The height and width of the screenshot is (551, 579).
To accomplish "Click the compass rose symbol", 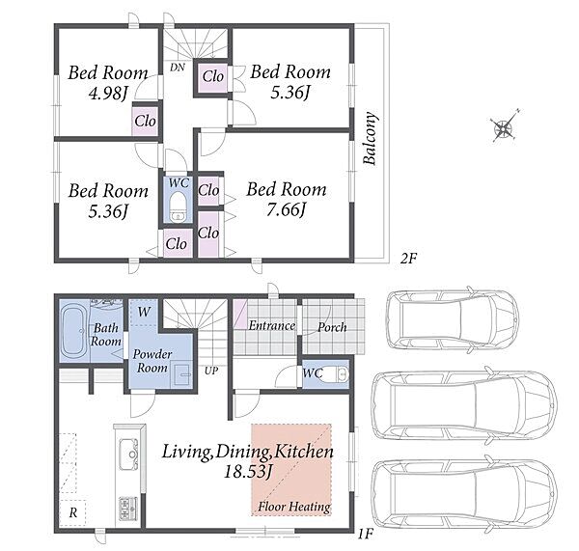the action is click(504, 126).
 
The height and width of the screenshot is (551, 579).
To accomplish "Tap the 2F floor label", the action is click(408, 259).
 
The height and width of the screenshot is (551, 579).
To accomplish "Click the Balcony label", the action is click(370, 138).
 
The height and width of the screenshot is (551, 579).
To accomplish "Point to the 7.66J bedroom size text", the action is click(287, 211).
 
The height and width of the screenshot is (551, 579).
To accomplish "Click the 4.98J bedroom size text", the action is click(108, 94).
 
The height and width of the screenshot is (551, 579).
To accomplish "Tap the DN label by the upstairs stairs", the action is click(178, 68).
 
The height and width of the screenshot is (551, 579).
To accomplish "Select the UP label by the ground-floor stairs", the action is click(211, 371).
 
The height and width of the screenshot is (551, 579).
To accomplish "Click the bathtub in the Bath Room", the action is click(74, 332).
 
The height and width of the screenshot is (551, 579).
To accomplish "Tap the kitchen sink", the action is click(128, 454).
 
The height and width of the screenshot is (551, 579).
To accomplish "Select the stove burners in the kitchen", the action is click(128, 508).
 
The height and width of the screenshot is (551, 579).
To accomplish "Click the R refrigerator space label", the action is click(73, 512).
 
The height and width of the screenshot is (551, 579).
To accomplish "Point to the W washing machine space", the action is click(145, 312).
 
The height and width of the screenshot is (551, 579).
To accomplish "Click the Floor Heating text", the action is click(294, 507).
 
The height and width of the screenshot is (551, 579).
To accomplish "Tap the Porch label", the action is click(332, 327).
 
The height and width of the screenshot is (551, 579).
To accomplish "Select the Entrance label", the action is click(272, 325).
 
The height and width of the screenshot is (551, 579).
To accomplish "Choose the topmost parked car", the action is click(453, 319).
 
